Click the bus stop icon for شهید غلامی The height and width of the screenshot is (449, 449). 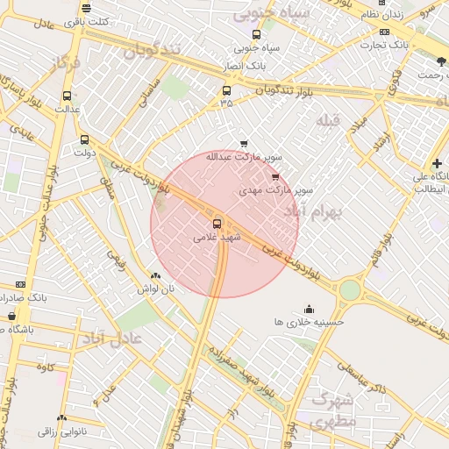point(217,223)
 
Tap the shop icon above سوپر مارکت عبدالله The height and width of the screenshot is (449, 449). point(244,144)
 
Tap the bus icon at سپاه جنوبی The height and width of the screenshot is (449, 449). point(256,35)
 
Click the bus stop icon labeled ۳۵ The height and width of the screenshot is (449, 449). point(227,90)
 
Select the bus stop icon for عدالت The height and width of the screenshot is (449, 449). point(68,96)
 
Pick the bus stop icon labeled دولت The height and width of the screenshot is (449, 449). point(85,139)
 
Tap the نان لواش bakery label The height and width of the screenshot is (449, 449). point(155,288)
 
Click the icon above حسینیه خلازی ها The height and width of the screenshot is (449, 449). point(309,309)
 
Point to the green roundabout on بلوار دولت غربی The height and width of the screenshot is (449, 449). point(350,289)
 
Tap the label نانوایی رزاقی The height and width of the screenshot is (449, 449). point(61,431)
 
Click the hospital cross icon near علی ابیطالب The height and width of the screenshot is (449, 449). point(437,163)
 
